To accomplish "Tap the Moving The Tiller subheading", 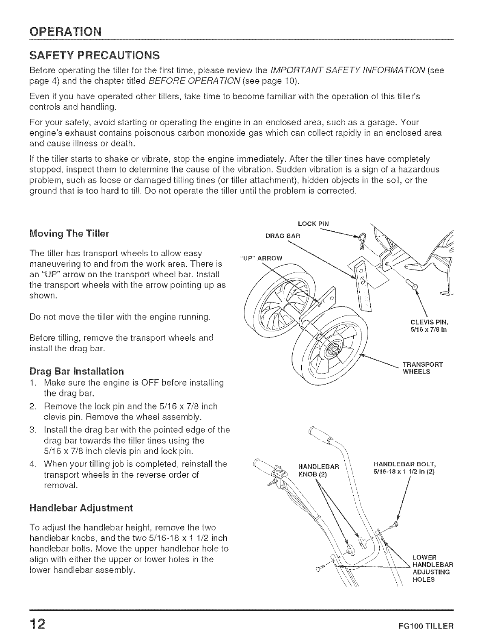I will tap(69, 234).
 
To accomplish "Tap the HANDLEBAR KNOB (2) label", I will tap(314, 470).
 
